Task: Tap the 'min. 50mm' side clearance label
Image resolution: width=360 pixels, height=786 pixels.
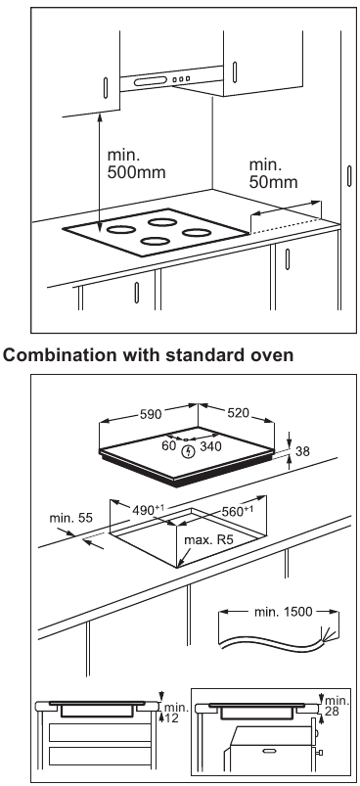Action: pyautogui.click(x=273, y=172)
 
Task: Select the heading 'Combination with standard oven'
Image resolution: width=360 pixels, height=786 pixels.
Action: pyautogui.click(x=148, y=354)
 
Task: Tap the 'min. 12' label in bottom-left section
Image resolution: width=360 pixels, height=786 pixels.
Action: pyautogui.click(x=175, y=713)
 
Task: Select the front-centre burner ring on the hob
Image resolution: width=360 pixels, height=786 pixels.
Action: pyautogui.click(x=155, y=241)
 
